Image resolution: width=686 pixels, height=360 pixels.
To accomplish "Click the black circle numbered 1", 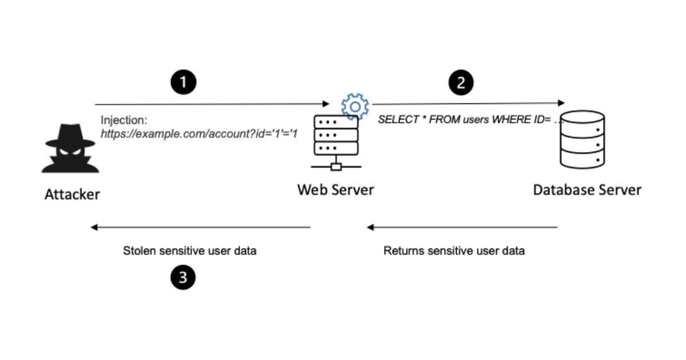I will click(184, 82).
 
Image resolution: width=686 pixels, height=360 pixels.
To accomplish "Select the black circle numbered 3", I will click(183, 278).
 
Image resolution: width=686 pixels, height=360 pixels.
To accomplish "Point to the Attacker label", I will click(72, 194).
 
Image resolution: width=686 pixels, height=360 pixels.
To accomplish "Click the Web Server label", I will click(335, 190).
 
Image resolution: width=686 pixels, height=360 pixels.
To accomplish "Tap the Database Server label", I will click(587, 190).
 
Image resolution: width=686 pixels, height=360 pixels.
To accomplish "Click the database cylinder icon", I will click(582, 139).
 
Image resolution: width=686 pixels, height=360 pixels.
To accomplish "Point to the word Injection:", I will click(123, 121).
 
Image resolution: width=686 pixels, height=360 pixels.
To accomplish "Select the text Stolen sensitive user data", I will click(190, 251).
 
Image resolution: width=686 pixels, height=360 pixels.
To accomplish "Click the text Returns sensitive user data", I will click(454, 251).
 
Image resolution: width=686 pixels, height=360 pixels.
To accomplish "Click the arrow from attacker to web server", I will click(212, 105).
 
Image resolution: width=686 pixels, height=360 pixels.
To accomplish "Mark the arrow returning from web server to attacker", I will click(200, 227).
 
